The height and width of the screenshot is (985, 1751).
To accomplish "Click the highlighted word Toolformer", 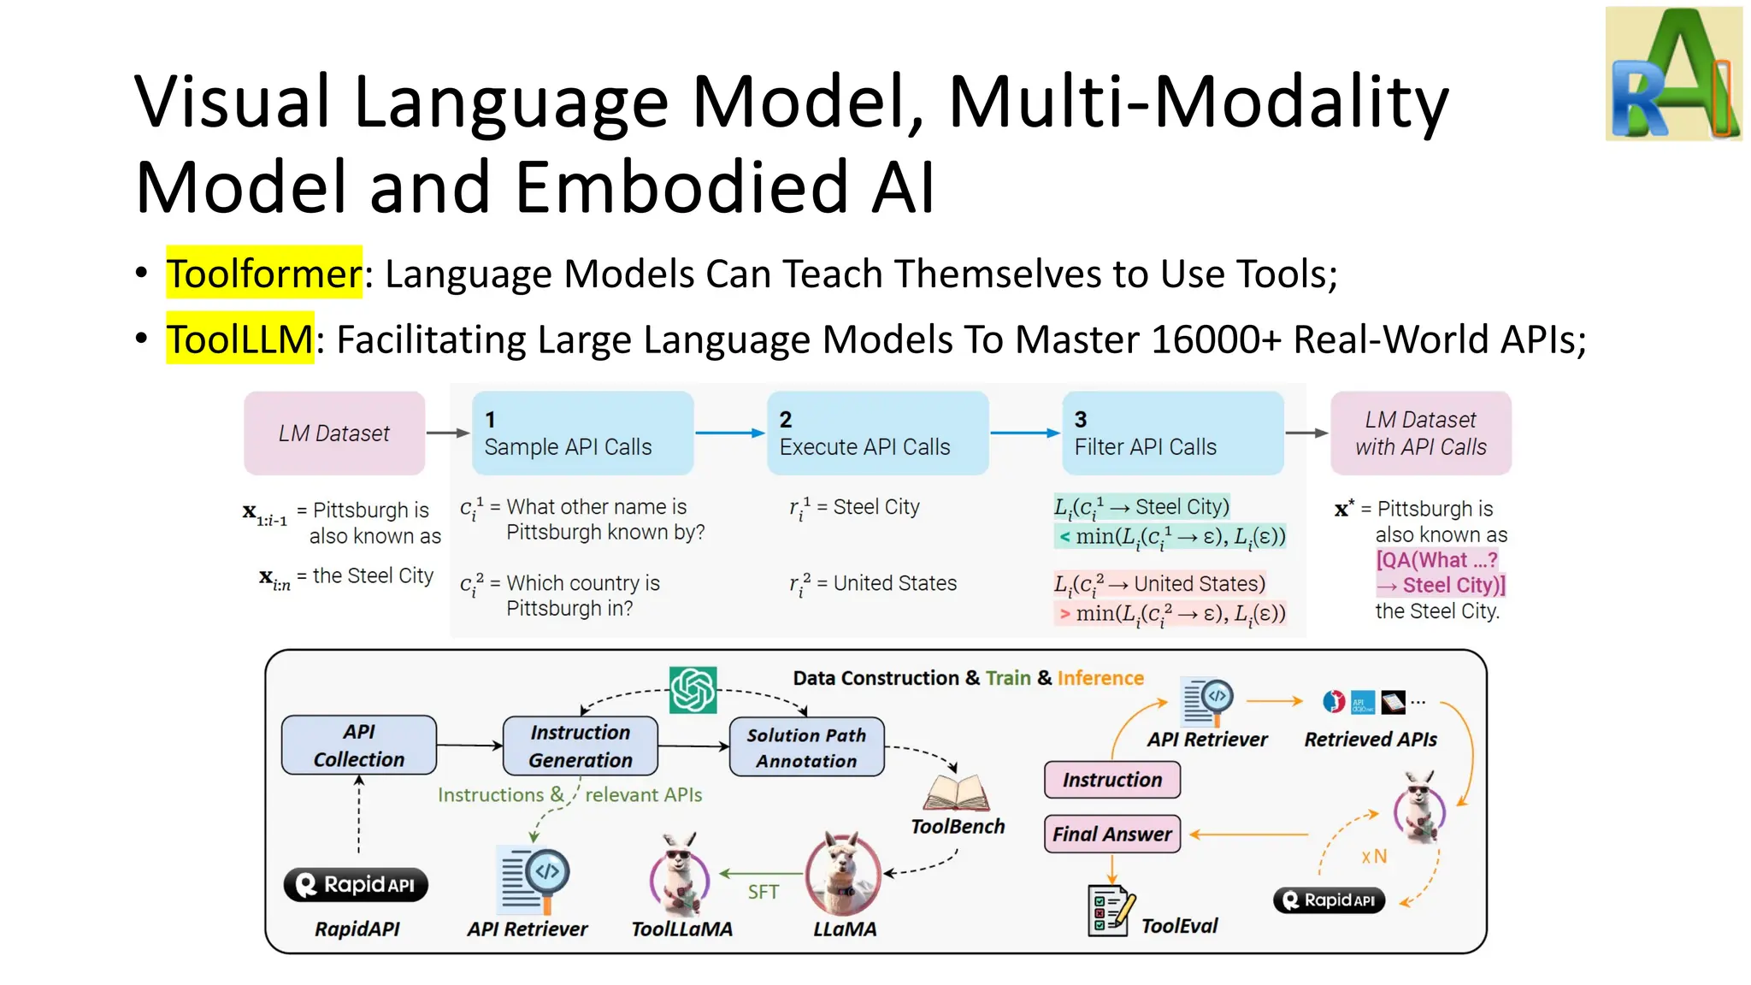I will click(x=263, y=274).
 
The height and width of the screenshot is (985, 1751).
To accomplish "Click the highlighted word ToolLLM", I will click(x=239, y=339).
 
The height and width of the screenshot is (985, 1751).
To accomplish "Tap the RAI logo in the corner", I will click(x=1673, y=74).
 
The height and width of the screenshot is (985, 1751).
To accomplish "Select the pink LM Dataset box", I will click(x=334, y=434).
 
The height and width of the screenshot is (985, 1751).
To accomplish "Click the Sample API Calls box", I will click(x=582, y=434).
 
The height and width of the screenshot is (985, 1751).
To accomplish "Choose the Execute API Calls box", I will click(x=877, y=434).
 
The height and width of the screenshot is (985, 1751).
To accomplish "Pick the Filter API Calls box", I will click(x=1172, y=434).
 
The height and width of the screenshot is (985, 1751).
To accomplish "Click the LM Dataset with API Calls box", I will click(x=1420, y=434).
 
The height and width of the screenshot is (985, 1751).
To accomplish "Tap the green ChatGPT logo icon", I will click(x=693, y=690).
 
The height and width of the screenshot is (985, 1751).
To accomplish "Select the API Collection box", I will click(x=359, y=746).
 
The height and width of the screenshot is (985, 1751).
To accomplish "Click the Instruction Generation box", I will click(x=581, y=746).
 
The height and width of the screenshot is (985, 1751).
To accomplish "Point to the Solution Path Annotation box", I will click(x=806, y=747).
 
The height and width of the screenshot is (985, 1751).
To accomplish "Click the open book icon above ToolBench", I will click(x=957, y=793).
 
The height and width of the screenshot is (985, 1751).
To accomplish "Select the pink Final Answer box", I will click(x=1111, y=834).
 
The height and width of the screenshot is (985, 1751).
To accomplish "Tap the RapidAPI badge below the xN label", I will click(x=1329, y=900).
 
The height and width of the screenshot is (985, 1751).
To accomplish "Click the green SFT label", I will click(x=763, y=893).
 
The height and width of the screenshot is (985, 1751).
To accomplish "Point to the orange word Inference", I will click(x=1100, y=678).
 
